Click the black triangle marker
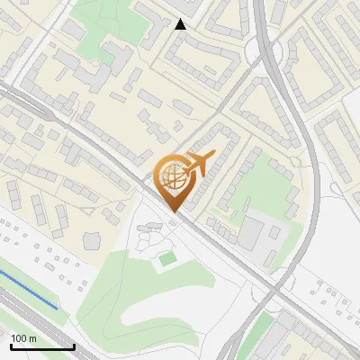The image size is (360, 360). tap(181, 24)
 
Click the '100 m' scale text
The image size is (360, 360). tap(23, 338)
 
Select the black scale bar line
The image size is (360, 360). tap(42, 346)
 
